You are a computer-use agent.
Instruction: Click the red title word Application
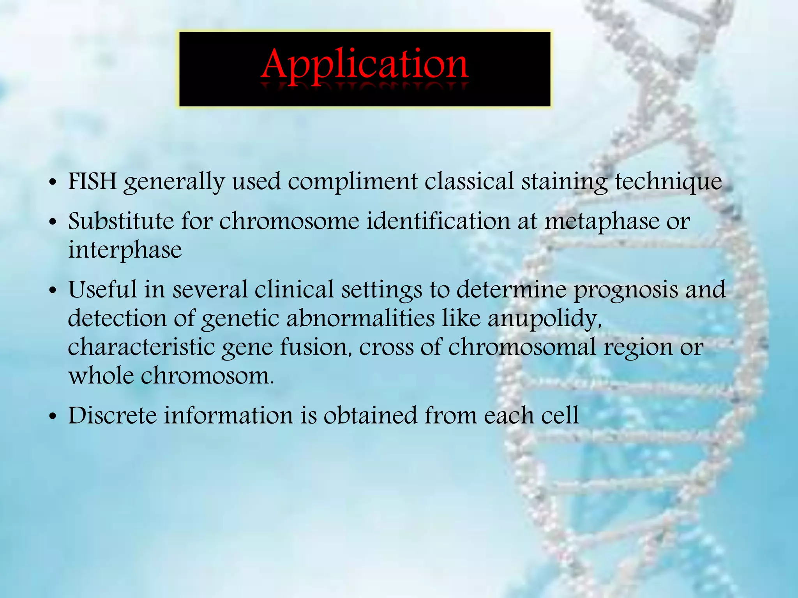click(x=364, y=65)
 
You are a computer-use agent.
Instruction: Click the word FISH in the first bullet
click(x=92, y=181)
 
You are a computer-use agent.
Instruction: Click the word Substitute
click(x=121, y=221)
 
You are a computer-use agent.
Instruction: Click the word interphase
click(x=125, y=250)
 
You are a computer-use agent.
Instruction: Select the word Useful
click(x=103, y=290)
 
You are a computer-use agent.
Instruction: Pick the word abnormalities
click(x=360, y=318)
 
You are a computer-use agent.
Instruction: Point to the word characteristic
click(x=141, y=347)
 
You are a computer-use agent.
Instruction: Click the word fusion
click(x=316, y=347)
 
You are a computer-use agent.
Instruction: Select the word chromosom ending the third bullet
click(x=207, y=376)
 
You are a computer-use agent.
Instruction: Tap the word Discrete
click(x=112, y=415)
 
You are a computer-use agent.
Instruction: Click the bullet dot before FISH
click(x=53, y=183)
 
